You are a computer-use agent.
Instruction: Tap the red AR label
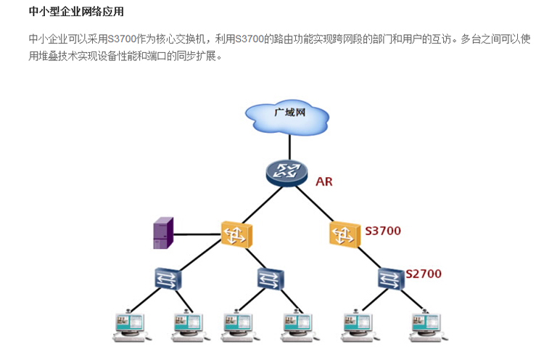coord(324,181)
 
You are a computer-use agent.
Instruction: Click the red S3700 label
coord(383,231)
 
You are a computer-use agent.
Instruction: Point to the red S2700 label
coord(424,274)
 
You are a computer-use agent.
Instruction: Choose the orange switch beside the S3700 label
coord(345,233)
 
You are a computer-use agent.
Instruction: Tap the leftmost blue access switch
coord(168,278)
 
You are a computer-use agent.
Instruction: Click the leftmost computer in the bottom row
coord(131,326)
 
